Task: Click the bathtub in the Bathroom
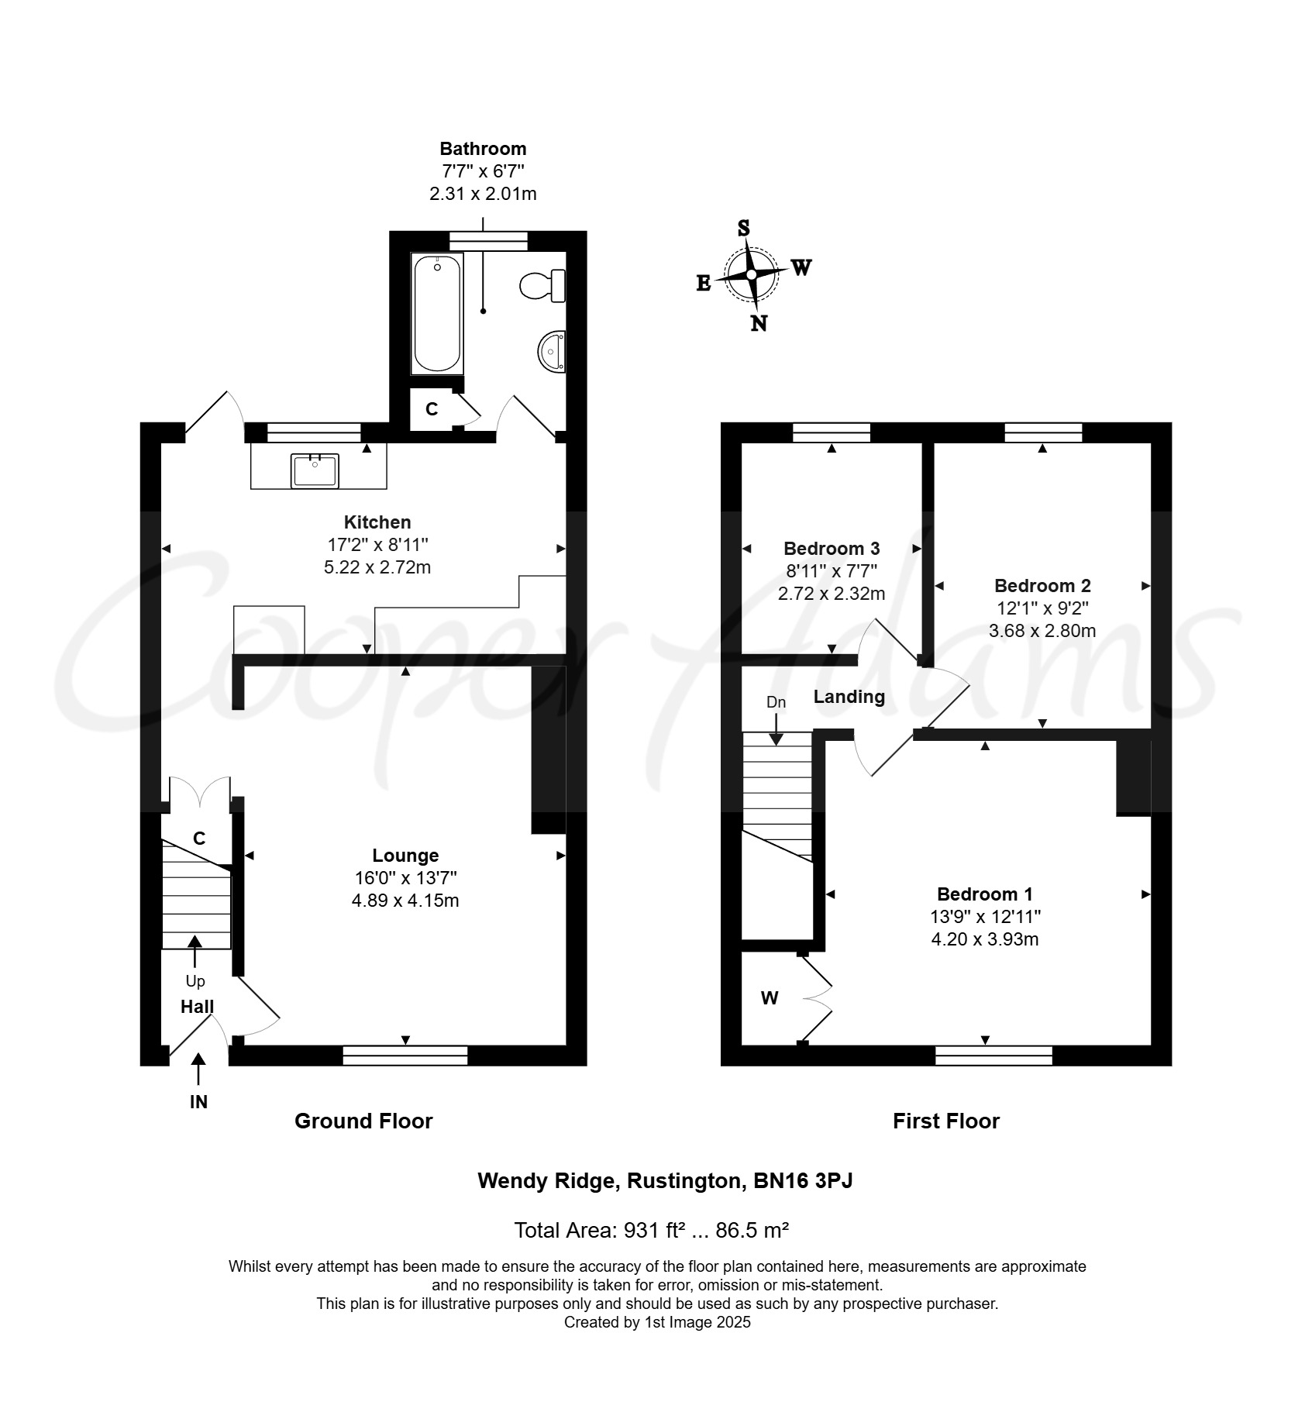coord(437,314)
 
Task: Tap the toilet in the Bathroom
coord(542,286)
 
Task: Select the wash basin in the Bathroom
coord(551,352)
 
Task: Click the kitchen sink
coord(315,471)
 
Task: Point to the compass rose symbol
coord(752,275)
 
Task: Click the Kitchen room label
coord(377,522)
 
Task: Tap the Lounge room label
coord(405,856)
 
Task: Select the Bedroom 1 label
coord(985,894)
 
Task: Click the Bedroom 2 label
coord(1042,586)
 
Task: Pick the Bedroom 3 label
coord(832,549)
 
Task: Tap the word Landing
coord(849,697)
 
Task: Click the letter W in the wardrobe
coord(770,998)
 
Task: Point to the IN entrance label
coord(199,1102)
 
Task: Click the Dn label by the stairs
coord(776,702)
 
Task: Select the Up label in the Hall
coord(195,982)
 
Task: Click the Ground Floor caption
coord(363,1121)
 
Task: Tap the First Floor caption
coord(946,1121)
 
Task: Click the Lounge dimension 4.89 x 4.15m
coord(405,901)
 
